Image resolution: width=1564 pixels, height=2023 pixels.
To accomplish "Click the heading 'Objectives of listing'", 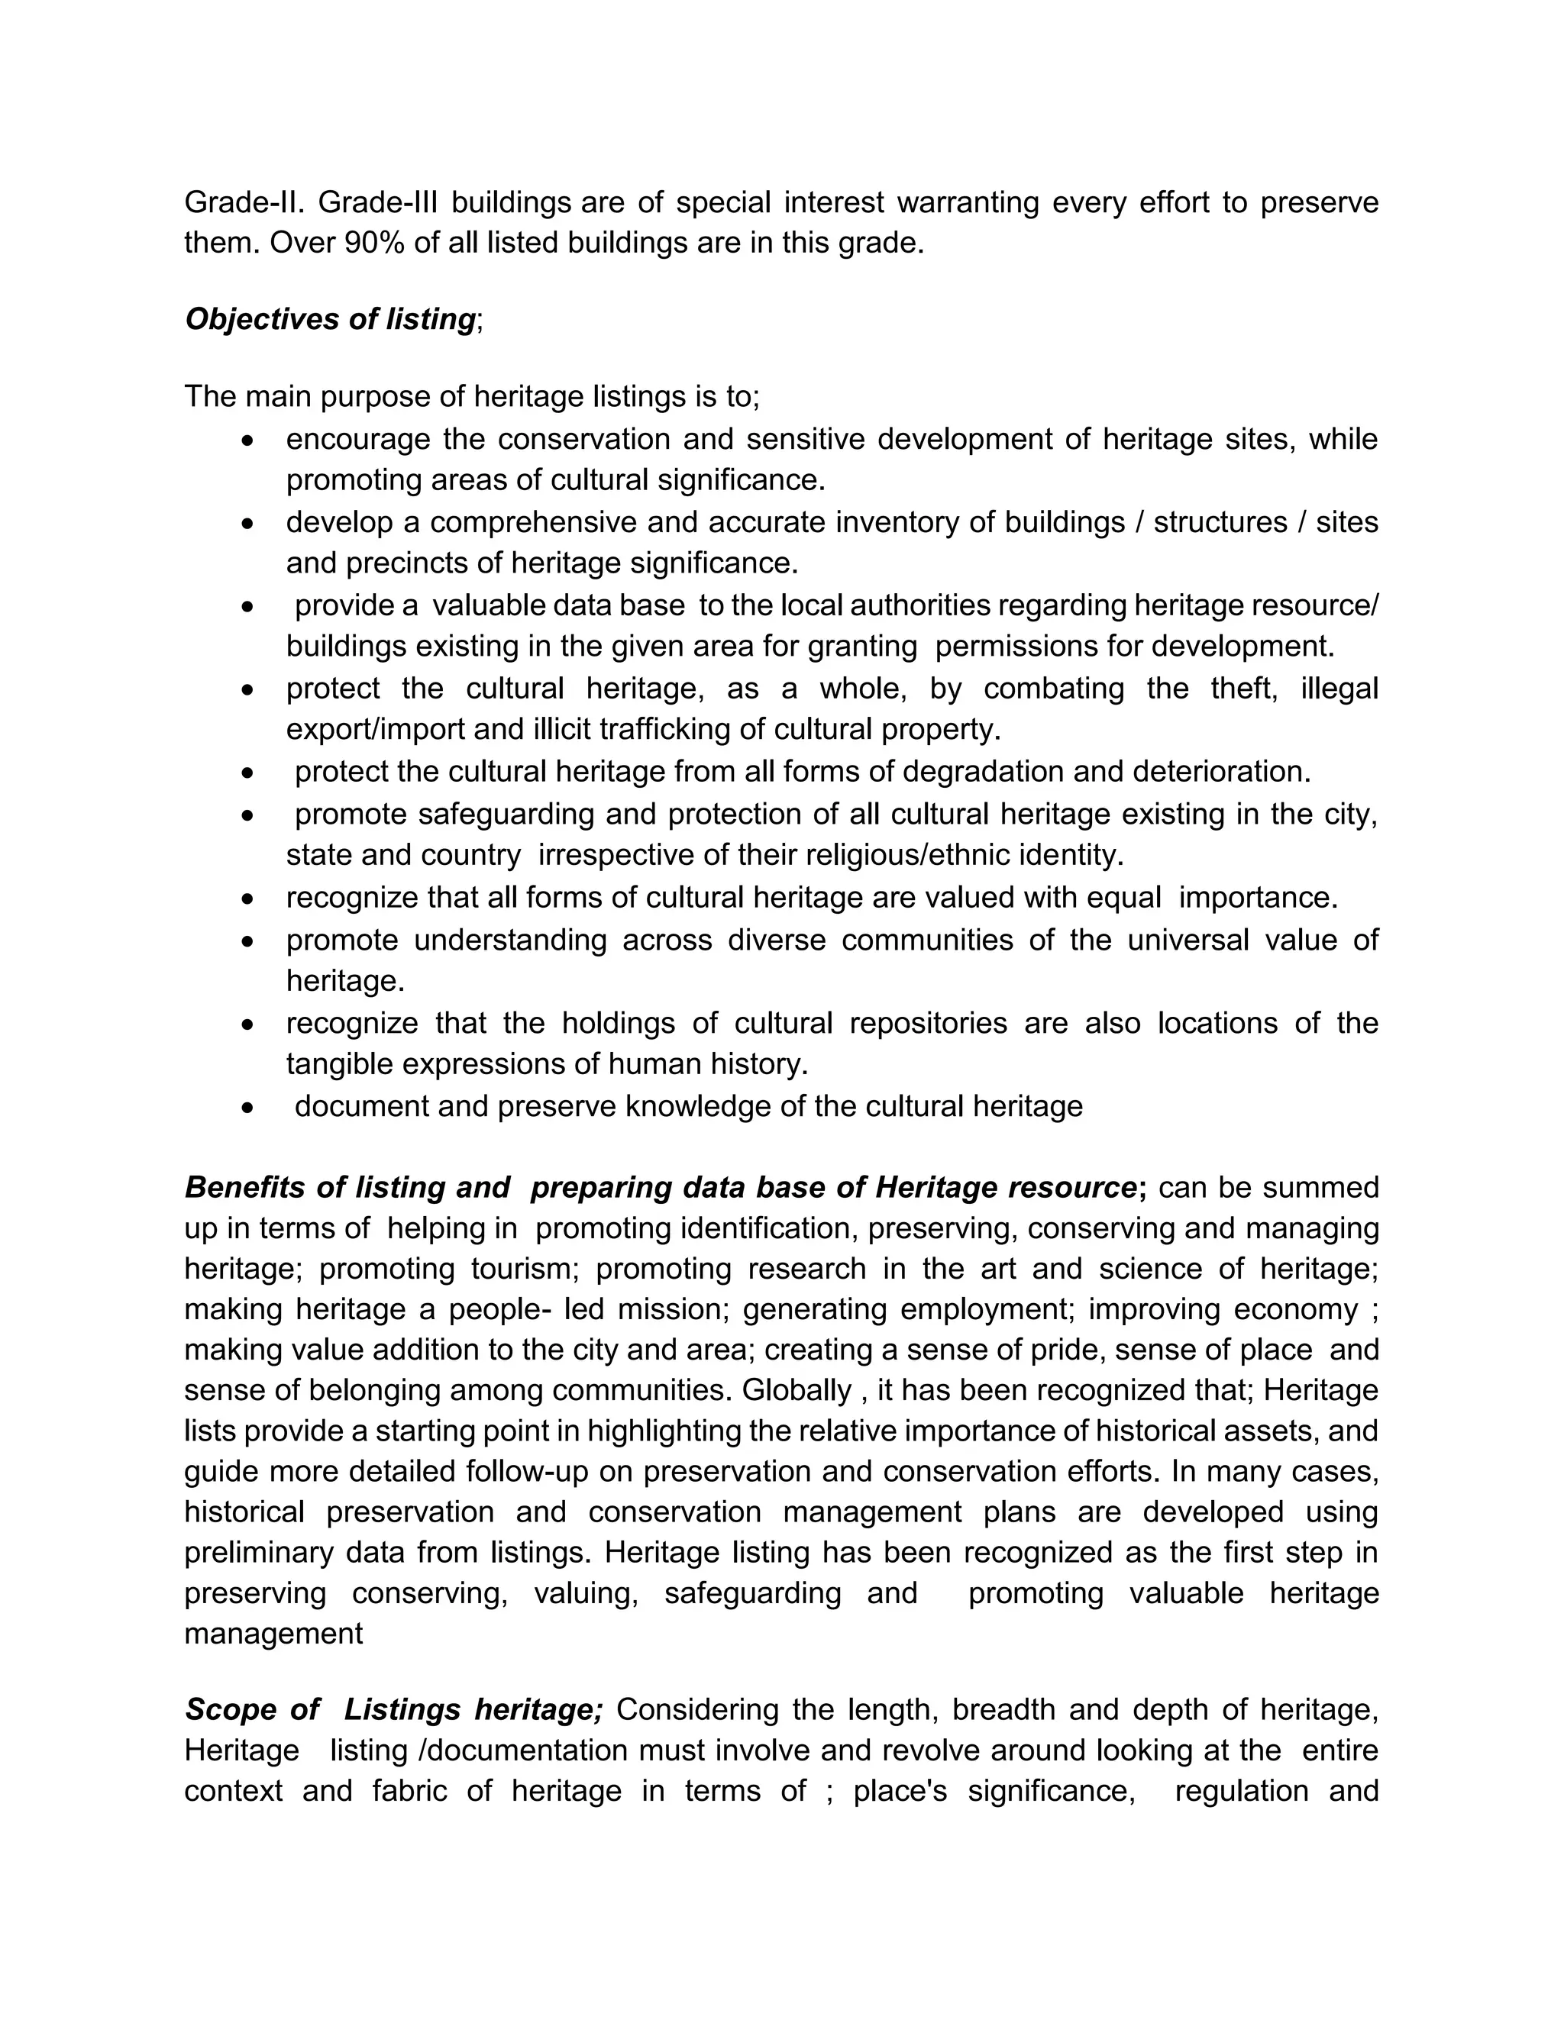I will click(330, 318).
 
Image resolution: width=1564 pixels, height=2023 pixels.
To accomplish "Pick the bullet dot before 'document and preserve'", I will click(247, 1108).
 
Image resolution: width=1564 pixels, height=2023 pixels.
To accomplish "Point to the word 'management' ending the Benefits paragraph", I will click(273, 1634).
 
